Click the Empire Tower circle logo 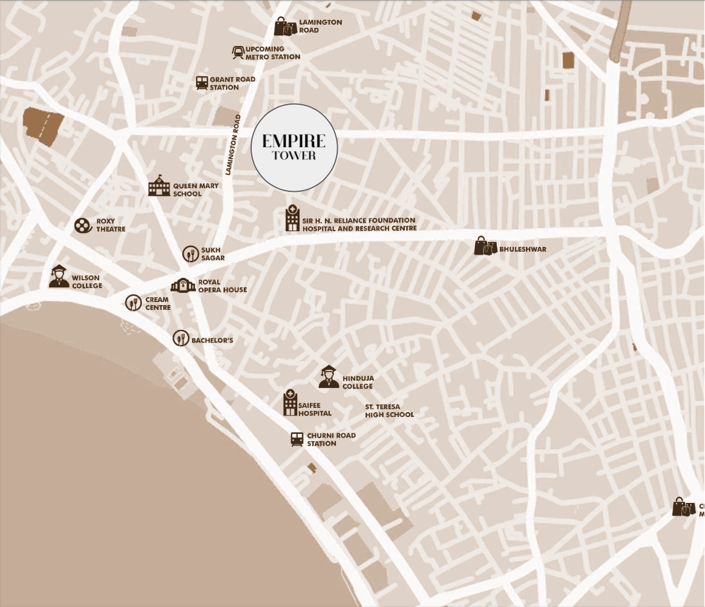[x=294, y=148]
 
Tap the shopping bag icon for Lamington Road [x=285, y=27]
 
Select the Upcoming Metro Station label [x=272, y=53]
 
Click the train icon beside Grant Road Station [x=202, y=83]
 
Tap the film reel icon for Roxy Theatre [x=82, y=225]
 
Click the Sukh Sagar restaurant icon [x=191, y=254]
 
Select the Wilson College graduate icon [x=59, y=277]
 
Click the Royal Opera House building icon [x=183, y=286]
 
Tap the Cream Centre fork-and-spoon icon [x=134, y=303]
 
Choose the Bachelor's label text [x=212, y=341]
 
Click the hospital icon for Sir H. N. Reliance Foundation [x=292, y=219]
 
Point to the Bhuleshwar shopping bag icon [x=485, y=246]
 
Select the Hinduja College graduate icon [x=329, y=377]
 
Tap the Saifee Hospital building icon [x=290, y=404]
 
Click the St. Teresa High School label [x=389, y=411]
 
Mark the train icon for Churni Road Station [x=297, y=439]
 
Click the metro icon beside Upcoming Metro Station [x=238, y=53]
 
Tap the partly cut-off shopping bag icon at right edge [x=684, y=507]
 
